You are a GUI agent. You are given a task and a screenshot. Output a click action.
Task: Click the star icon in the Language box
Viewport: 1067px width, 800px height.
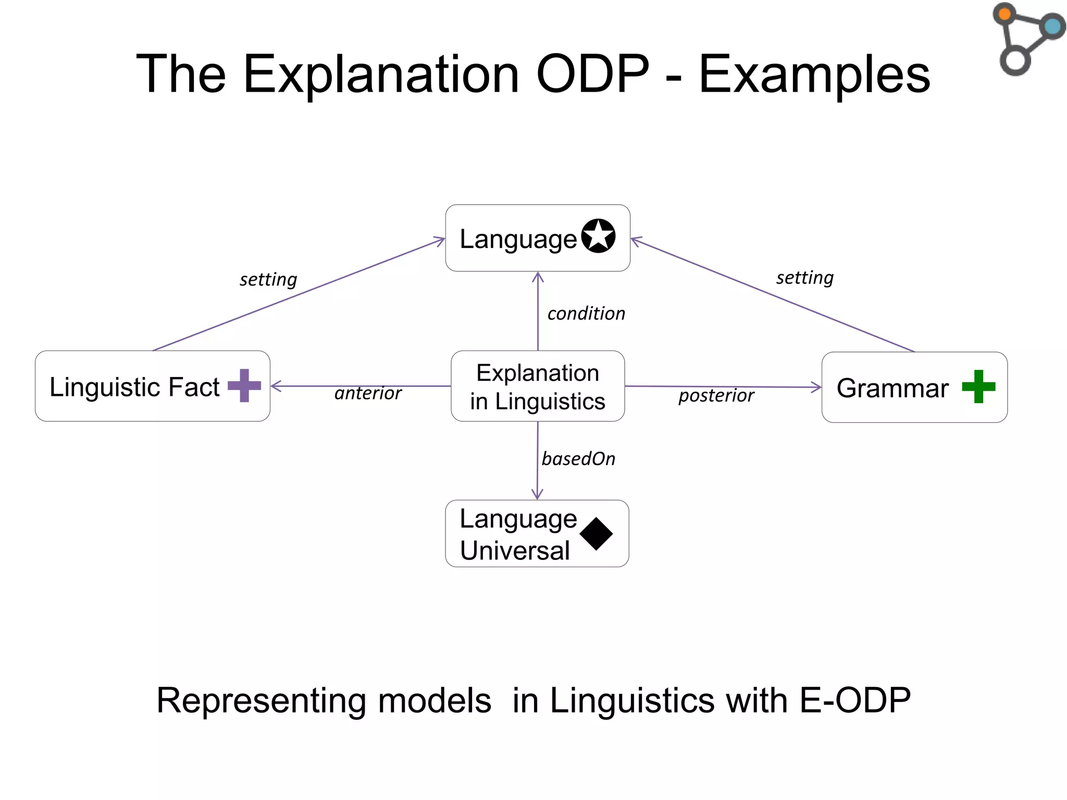tap(598, 236)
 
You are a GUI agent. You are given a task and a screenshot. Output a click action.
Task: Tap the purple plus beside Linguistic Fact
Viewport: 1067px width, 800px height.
tap(244, 385)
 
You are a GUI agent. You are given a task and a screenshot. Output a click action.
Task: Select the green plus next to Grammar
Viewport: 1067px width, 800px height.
tap(978, 386)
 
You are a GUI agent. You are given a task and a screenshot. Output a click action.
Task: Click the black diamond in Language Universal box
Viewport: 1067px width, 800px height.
tap(596, 534)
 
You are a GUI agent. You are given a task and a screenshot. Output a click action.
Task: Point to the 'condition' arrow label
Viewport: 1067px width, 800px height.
tap(586, 314)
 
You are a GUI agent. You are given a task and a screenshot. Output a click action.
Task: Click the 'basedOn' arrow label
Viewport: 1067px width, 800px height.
tap(578, 459)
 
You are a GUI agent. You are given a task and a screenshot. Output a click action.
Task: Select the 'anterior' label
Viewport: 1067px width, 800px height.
tap(368, 393)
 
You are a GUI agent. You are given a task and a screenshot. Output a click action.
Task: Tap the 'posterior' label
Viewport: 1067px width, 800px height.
tap(716, 395)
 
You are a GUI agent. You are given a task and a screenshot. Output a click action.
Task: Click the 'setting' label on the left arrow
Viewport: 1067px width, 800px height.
tap(268, 280)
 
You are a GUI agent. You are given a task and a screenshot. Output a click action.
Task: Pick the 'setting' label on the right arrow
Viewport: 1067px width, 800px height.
tap(804, 278)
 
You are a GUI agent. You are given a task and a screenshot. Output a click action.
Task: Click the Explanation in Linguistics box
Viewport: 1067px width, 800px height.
tap(537, 386)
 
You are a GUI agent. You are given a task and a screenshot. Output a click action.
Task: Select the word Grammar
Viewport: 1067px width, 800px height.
tap(892, 388)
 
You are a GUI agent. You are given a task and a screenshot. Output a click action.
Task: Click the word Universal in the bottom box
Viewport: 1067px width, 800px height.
tap(515, 551)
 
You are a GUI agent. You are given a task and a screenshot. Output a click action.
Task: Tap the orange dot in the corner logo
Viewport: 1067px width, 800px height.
tap(1005, 14)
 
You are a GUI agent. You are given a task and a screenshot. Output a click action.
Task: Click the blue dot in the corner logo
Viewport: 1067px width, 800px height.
tap(1052, 26)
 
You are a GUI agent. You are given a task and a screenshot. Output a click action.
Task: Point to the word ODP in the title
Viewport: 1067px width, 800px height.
tap(592, 74)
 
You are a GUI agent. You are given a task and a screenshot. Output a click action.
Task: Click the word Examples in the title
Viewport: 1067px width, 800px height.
tap(814, 75)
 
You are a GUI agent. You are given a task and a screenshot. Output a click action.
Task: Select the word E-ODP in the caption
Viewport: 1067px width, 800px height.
tap(854, 700)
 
